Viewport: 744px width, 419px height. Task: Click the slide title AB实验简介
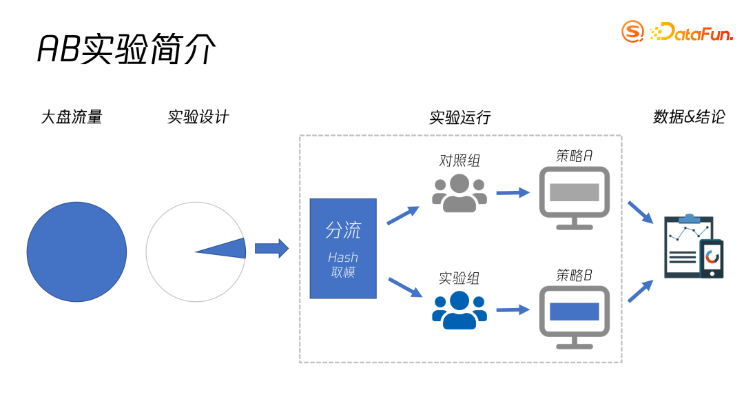tap(127, 50)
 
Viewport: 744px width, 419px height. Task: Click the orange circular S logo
tap(633, 31)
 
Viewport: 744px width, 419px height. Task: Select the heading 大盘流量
tap(72, 117)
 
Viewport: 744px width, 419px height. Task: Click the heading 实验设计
tap(198, 117)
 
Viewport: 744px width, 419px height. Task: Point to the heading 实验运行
tap(460, 117)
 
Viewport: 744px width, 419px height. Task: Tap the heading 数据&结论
tap(689, 117)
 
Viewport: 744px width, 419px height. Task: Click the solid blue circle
tap(76, 252)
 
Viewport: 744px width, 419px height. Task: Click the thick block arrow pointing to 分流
tap(271, 248)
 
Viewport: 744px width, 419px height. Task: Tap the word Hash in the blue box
tap(342, 258)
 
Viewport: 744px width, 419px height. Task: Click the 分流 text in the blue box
tap(343, 230)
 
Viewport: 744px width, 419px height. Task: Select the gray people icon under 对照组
tap(459, 194)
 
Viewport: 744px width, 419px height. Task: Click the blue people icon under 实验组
tap(459, 311)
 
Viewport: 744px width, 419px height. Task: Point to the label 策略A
tap(574, 156)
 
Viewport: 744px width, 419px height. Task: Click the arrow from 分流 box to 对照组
tap(403, 215)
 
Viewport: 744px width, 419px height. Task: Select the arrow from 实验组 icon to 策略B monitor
tap(513, 310)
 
